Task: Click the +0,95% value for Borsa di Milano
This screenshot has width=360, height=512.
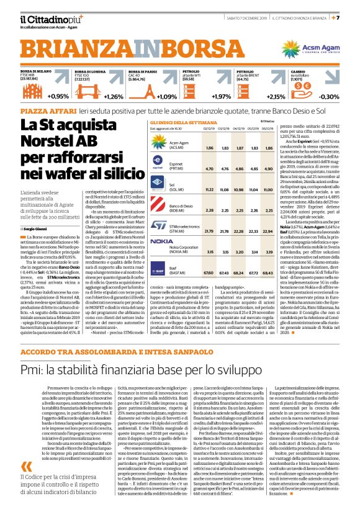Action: pyautogui.click(x=57, y=97)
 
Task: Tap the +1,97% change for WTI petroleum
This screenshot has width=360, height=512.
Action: pyautogui.click(x=221, y=97)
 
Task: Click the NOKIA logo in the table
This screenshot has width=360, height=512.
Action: pyautogui.click(x=163, y=241)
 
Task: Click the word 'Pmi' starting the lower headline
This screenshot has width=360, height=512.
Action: pyautogui.click(x=32, y=371)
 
